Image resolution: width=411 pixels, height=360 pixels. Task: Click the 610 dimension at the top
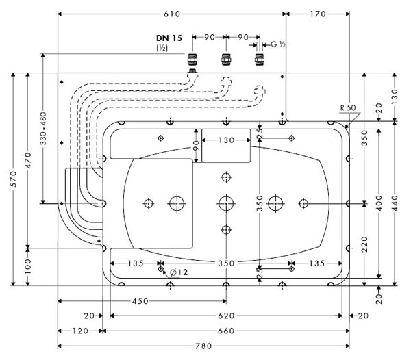pos(172,14)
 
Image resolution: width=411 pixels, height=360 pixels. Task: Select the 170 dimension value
pos(318,14)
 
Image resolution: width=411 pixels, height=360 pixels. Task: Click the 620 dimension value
pos(226,316)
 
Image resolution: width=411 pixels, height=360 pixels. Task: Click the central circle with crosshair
pos(225,203)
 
